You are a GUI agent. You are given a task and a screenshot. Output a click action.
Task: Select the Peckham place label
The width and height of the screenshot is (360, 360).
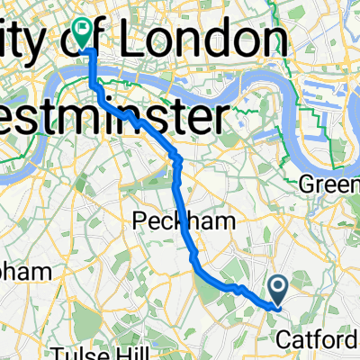point(172,220)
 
